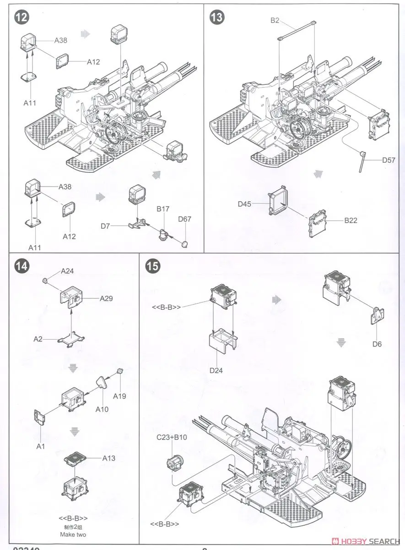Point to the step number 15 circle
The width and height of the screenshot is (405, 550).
point(151,267)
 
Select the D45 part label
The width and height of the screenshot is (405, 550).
point(245,204)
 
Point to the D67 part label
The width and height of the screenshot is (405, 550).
point(185,219)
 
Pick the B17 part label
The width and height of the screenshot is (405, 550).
point(163,209)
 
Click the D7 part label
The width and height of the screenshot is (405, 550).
point(106,226)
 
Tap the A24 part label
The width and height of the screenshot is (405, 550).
point(67,271)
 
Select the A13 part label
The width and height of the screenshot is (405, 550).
point(109,457)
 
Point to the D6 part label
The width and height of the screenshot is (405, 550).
point(377,344)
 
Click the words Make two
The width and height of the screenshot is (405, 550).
point(73,534)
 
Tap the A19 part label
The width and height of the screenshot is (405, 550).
point(119,396)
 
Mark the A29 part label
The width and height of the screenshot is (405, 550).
point(107,298)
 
